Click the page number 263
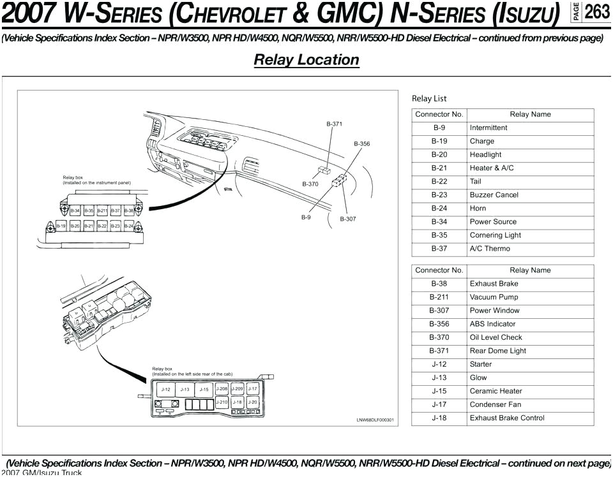(x=597, y=12)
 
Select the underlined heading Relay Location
(x=306, y=60)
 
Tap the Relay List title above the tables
(x=429, y=98)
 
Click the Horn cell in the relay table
(x=478, y=209)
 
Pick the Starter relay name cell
(x=481, y=364)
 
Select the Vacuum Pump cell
(x=494, y=297)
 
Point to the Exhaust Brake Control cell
(x=507, y=418)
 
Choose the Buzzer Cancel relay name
(x=494, y=195)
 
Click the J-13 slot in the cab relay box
(x=185, y=389)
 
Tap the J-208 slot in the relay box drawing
(x=222, y=388)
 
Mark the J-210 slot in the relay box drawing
(x=222, y=402)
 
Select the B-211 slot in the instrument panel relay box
(x=102, y=210)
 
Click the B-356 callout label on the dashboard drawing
(x=362, y=144)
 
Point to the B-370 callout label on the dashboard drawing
(x=310, y=184)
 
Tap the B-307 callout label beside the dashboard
(x=348, y=219)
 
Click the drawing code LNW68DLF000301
(x=375, y=420)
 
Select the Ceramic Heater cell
(x=496, y=392)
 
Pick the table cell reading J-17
(x=439, y=405)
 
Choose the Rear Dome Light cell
(x=498, y=351)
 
